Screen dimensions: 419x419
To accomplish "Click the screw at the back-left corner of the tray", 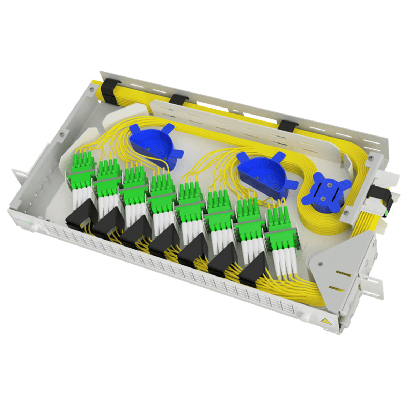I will coord(91,89).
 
